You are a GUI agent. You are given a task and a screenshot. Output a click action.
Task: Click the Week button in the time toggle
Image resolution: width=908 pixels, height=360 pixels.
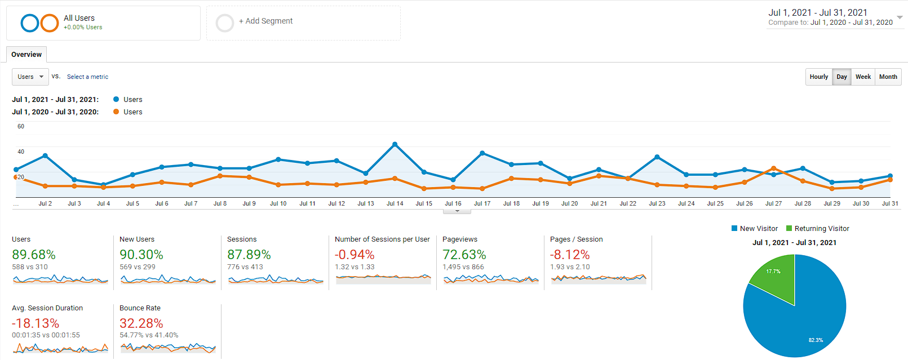(x=863, y=77)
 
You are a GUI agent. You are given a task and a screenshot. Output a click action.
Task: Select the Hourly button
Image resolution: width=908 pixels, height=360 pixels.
(x=818, y=77)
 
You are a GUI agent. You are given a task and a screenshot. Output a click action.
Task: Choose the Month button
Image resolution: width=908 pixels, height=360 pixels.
(x=888, y=77)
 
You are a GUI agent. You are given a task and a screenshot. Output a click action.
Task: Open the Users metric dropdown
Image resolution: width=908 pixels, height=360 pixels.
(x=30, y=77)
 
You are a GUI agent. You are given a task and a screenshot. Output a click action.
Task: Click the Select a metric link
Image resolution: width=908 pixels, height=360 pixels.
(x=87, y=77)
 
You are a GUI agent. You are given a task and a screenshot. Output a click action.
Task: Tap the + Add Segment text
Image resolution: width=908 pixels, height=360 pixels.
(x=265, y=21)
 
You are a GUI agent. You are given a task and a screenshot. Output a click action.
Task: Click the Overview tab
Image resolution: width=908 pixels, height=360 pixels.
(x=26, y=55)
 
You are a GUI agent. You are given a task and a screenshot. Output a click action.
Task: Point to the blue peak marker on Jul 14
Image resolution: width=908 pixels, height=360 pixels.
(x=395, y=144)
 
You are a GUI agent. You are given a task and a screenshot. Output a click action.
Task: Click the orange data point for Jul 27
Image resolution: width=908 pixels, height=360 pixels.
(x=773, y=168)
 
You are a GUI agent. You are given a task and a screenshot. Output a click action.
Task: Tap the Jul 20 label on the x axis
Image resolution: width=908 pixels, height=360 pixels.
(x=569, y=203)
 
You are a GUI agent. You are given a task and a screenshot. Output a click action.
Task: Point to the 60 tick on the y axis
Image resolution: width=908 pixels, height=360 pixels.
(x=21, y=127)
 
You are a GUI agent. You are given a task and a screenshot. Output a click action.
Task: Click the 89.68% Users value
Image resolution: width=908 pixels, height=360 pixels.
(x=34, y=255)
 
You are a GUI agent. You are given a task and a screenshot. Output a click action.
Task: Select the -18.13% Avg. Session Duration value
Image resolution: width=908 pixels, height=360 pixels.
(x=36, y=323)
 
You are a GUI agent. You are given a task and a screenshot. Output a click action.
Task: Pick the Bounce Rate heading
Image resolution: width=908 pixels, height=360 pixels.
(x=140, y=308)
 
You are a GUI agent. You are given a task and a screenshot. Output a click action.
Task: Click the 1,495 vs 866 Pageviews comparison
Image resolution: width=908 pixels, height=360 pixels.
(x=463, y=267)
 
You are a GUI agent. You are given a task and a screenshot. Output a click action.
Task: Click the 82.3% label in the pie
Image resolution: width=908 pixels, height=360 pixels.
(x=816, y=340)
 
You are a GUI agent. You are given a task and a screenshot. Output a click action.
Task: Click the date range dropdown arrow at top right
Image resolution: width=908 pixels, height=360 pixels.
(x=900, y=17)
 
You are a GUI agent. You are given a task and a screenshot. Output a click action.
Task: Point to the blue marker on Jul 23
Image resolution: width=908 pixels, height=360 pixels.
(x=657, y=157)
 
